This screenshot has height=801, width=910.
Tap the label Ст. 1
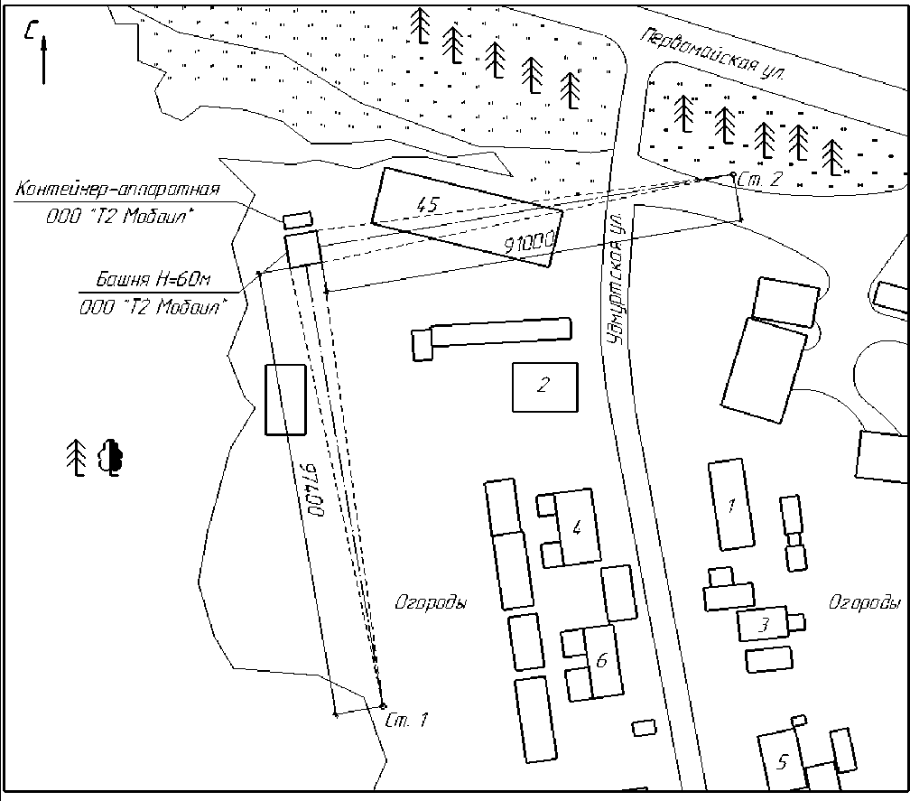(x=406, y=721)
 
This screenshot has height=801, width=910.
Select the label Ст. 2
(x=760, y=179)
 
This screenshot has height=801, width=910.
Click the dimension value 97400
(x=311, y=489)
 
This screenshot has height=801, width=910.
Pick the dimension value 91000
(x=529, y=243)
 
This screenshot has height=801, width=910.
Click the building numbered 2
(x=545, y=387)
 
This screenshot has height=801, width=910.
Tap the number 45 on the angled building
(x=428, y=204)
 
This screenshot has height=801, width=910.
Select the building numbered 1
(x=731, y=505)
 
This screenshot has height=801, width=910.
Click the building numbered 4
(x=577, y=527)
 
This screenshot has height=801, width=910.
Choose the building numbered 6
(x=602, y=661)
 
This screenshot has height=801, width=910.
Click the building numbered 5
(x=782, y=760)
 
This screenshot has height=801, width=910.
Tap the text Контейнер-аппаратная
(x=117, y=189)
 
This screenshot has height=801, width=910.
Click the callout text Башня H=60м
(x=153, y=279)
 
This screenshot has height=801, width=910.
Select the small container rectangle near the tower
(x=298, y=219)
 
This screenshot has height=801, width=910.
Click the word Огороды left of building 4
(x=431, y=603)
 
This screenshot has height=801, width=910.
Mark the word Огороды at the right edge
(x=864, y=603)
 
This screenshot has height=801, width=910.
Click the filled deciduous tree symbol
(x=111, y=458)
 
